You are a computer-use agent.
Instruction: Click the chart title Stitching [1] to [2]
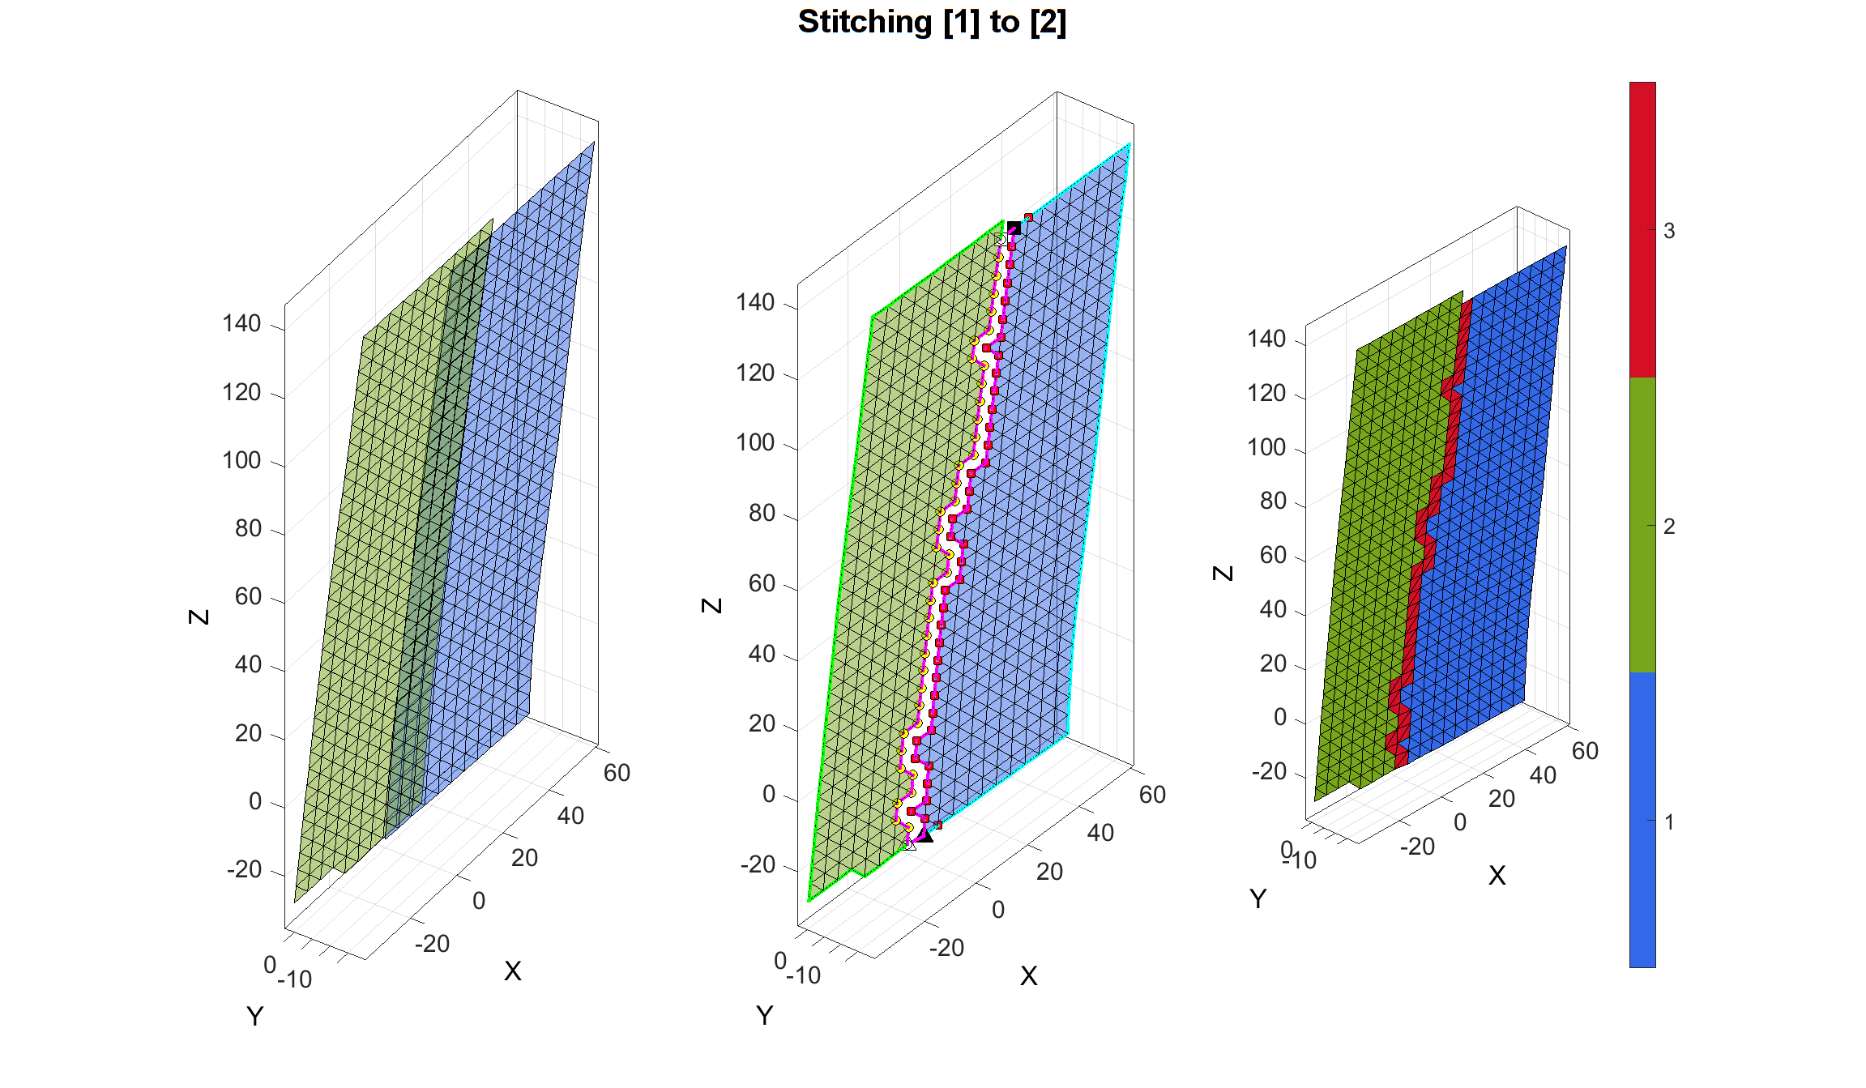tap(932, 22)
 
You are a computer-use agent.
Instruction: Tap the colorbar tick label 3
tap(1669, 232)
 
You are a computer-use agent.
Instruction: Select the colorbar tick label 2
tap(1669, 527)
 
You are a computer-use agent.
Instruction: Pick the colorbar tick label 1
tap(1669, 822)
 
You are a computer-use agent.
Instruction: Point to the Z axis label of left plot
tap(199, 617)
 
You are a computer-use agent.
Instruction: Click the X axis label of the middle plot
tap(1028, 976)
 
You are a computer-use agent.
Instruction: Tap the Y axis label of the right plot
tap(1258, 899)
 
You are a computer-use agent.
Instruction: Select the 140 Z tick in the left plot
tap(241, 324)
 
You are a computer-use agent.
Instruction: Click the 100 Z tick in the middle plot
tap(755, 443)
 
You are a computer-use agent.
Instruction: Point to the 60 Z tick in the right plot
tap(1273, 556)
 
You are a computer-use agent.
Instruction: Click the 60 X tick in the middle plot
tap(1152, 795)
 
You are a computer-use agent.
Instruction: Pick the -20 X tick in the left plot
tap(432, 944)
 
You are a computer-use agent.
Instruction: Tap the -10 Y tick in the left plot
tap(295, 980)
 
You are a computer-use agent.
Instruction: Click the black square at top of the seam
tap(1014, 228)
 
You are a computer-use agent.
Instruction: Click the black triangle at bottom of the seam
tap(925, 835)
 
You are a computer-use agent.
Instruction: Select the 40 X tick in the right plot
tap(1543, 776)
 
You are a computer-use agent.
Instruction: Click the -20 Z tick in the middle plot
tap(758, 865)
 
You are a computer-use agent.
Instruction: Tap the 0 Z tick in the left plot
tap(255, 802)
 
